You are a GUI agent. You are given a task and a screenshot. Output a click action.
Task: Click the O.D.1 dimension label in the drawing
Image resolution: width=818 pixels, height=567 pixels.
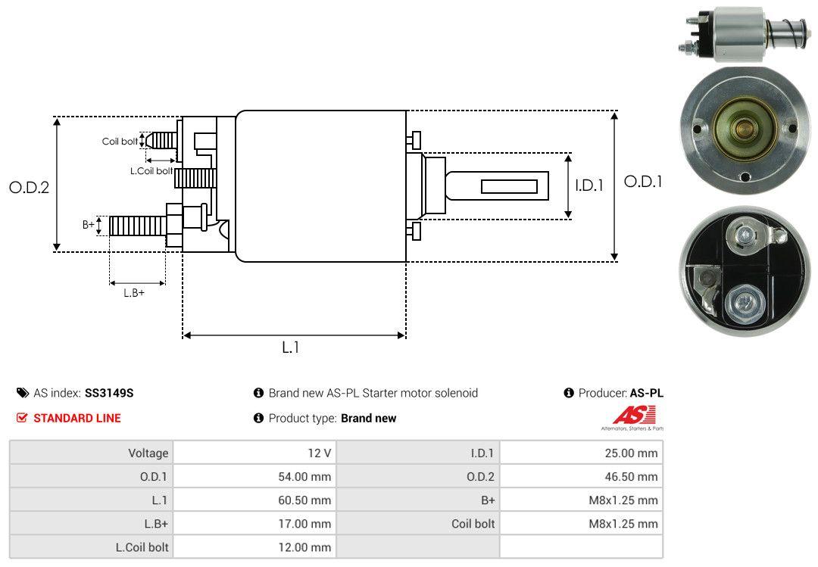(643, 182)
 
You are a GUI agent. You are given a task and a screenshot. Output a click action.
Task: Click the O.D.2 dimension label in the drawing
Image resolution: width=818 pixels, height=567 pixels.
(30, 187)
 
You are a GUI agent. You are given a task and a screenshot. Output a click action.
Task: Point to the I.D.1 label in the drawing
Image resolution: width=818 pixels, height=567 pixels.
(589, 185)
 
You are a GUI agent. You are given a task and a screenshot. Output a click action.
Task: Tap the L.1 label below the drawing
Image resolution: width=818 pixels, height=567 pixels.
(291, 347)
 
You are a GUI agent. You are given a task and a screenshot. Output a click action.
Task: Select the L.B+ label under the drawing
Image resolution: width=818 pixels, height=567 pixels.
(134, 293)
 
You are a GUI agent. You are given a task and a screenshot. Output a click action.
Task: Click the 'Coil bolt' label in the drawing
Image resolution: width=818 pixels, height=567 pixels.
(120, 142)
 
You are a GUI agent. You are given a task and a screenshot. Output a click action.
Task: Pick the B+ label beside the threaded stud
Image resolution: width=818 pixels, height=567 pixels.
(89, 225)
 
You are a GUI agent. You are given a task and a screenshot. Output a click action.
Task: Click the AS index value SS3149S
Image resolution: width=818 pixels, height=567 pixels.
(109, 393)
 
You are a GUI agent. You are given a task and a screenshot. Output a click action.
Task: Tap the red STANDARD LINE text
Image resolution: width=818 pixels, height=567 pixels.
(77, 418)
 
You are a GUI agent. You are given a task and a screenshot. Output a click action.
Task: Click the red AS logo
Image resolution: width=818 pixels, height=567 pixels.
(634, 416)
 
